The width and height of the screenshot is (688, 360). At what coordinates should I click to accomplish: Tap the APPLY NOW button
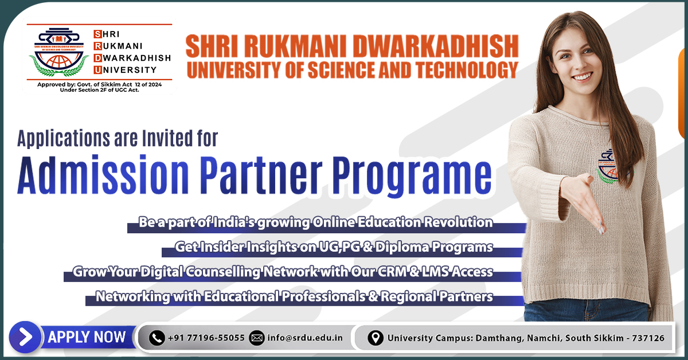(87, 337)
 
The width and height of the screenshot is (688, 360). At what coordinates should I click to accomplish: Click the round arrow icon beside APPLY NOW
(26, 337)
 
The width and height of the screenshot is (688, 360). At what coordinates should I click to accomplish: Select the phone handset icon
(157, 338)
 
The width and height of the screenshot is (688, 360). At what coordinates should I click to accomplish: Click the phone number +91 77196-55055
(206, 338)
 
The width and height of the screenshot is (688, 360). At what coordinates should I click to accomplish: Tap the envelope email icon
(257, 338)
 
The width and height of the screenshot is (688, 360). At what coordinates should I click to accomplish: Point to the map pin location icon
(375, 338)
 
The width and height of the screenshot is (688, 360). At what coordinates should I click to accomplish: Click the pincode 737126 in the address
(647, 338)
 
